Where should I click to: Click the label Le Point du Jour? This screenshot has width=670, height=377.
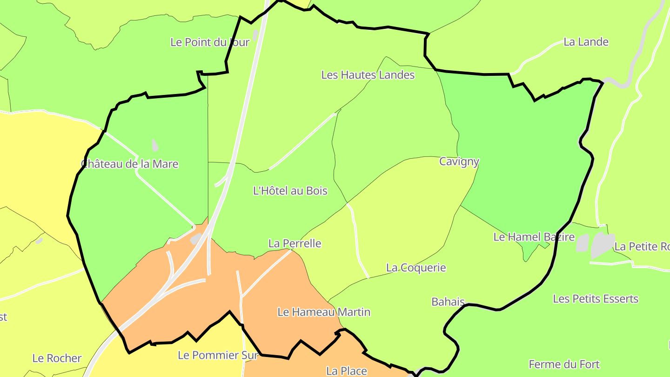(x=210, y=42)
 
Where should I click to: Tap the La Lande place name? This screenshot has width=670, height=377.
(x=586, y=42)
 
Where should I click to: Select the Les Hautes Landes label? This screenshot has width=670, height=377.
(x=368, y=75)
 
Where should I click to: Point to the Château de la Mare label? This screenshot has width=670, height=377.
(x=130, y=164)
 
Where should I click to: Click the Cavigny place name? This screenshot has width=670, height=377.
(x=459, y=162)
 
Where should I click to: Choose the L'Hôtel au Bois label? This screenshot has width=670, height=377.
(x=290, y=191)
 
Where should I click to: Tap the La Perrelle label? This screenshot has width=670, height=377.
(x=295, y=243)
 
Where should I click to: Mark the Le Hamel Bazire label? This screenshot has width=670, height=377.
(x=534, y=237)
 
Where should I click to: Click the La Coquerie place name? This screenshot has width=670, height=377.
(x=415, y=268)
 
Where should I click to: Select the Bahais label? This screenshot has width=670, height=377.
(x=448, y=302)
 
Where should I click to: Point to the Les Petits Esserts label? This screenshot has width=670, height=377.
(x=595, y=299)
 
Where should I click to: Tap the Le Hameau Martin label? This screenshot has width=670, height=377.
(x=324, y=312)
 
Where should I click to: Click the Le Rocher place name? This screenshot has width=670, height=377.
(x=57, y=358)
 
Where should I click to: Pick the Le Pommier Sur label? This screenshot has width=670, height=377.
(x=218, y=355)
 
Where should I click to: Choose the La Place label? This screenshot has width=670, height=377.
(x=346, y=371)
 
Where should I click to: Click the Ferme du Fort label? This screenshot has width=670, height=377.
(x=564, y=364)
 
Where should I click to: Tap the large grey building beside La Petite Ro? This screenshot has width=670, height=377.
(x=602, y=244)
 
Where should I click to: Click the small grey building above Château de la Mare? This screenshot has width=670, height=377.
(x=155, y=145)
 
